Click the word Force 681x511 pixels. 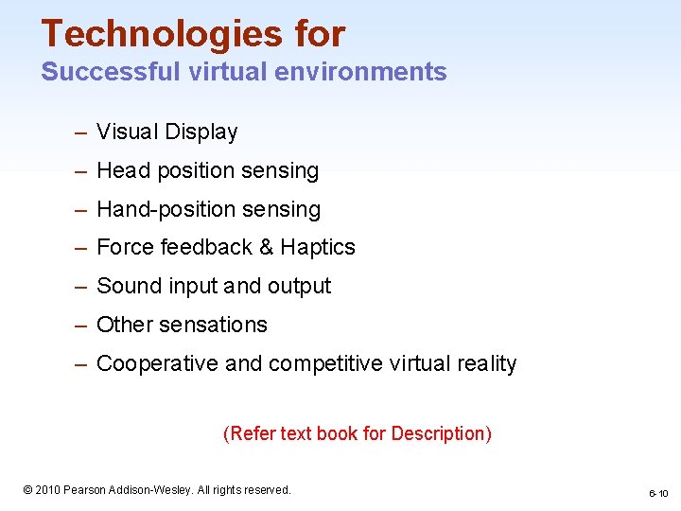pyautogui.click(x=126, y=248)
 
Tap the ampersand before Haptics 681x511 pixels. pyautogui.click(x=266, y=248)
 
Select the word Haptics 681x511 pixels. pyautogui.click(x=318, y=248)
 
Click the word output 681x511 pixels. pyautogui.click(x=300, y=287)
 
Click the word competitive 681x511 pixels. pyautogui.click(x=315, y=364)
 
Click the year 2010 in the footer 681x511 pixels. pyautogui.click(x=47, y=490)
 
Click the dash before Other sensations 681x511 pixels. pyautogui.click(x=82, y=326)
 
